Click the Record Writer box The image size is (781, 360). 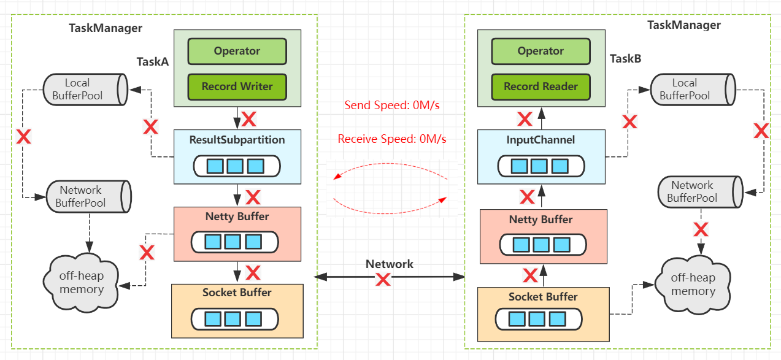pyautogui.click(x=237, y=86)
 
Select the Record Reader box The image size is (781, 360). pyautogui.click(x=541, y=86)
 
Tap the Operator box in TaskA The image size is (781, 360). pyautogui.click(x=237, y=52)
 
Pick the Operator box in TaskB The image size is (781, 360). pyautogui.click(x=541, y=52)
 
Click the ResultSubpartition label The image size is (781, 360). pyautogui.click(x=237, y=140)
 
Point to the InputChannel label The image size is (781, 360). pyautogui.click(x=541, y=140)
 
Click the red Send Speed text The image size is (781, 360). pyautogui.click(x=392, y=105)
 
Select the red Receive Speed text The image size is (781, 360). pyautogui.click(x=392, y=139)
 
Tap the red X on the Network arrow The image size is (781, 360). pyautogui.click(x=383, y=279)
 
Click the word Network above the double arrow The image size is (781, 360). pyautogui.click(x=390, y=264)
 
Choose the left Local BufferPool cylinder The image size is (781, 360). pyautogui.click(x=85, y=90)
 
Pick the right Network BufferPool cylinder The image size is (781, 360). pyautogui.click(x=700, y=192)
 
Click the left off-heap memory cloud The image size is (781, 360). pyautogui.click(x=81, y=283)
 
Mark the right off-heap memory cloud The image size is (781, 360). pyautogui.click(x=693, y=285)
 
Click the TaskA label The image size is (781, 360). pyautogui.click(x=152, y=62)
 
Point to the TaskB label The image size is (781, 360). pyautogui.click(x=626, y=58)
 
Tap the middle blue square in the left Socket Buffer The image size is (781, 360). pyautogui.click(x=233, y=319)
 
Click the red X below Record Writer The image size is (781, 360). pyautogui.click(x=249, y=119)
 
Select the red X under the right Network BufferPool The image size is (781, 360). pyautogui.click(x=701, y=229)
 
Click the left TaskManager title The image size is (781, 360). pyautogui.click(x=106, y=28)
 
